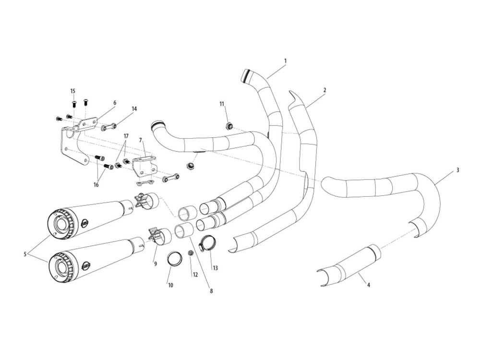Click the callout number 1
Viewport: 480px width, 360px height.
point(285,61)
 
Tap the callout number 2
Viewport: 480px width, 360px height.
point(325,90)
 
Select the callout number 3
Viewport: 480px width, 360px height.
point(458,170)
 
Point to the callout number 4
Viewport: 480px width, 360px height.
point(369,285)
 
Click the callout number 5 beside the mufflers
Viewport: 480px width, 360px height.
point(25,254)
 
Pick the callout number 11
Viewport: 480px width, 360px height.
point(222,104)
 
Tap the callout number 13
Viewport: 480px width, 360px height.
point(215,268)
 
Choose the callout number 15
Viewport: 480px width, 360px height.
point(73,91)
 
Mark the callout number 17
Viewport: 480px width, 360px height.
point(126,136)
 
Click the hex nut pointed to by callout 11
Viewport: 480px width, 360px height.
point(229,126)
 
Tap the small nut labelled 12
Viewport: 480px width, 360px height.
point(191,253)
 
